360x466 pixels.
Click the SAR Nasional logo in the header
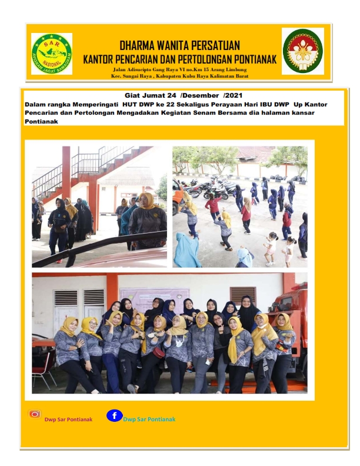pyautogui.click(x=52, y=54)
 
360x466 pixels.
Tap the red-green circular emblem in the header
pyautogui.click(x=302, y=51)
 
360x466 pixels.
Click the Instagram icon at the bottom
pyautogui.click(x=35, y=414)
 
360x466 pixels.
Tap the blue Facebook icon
pyautogui.click(x=114, y=415)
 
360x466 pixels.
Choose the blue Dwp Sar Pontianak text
pyautogui.click(x=149, y=419)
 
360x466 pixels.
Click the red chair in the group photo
pyautogui.click(x=43, y=368)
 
